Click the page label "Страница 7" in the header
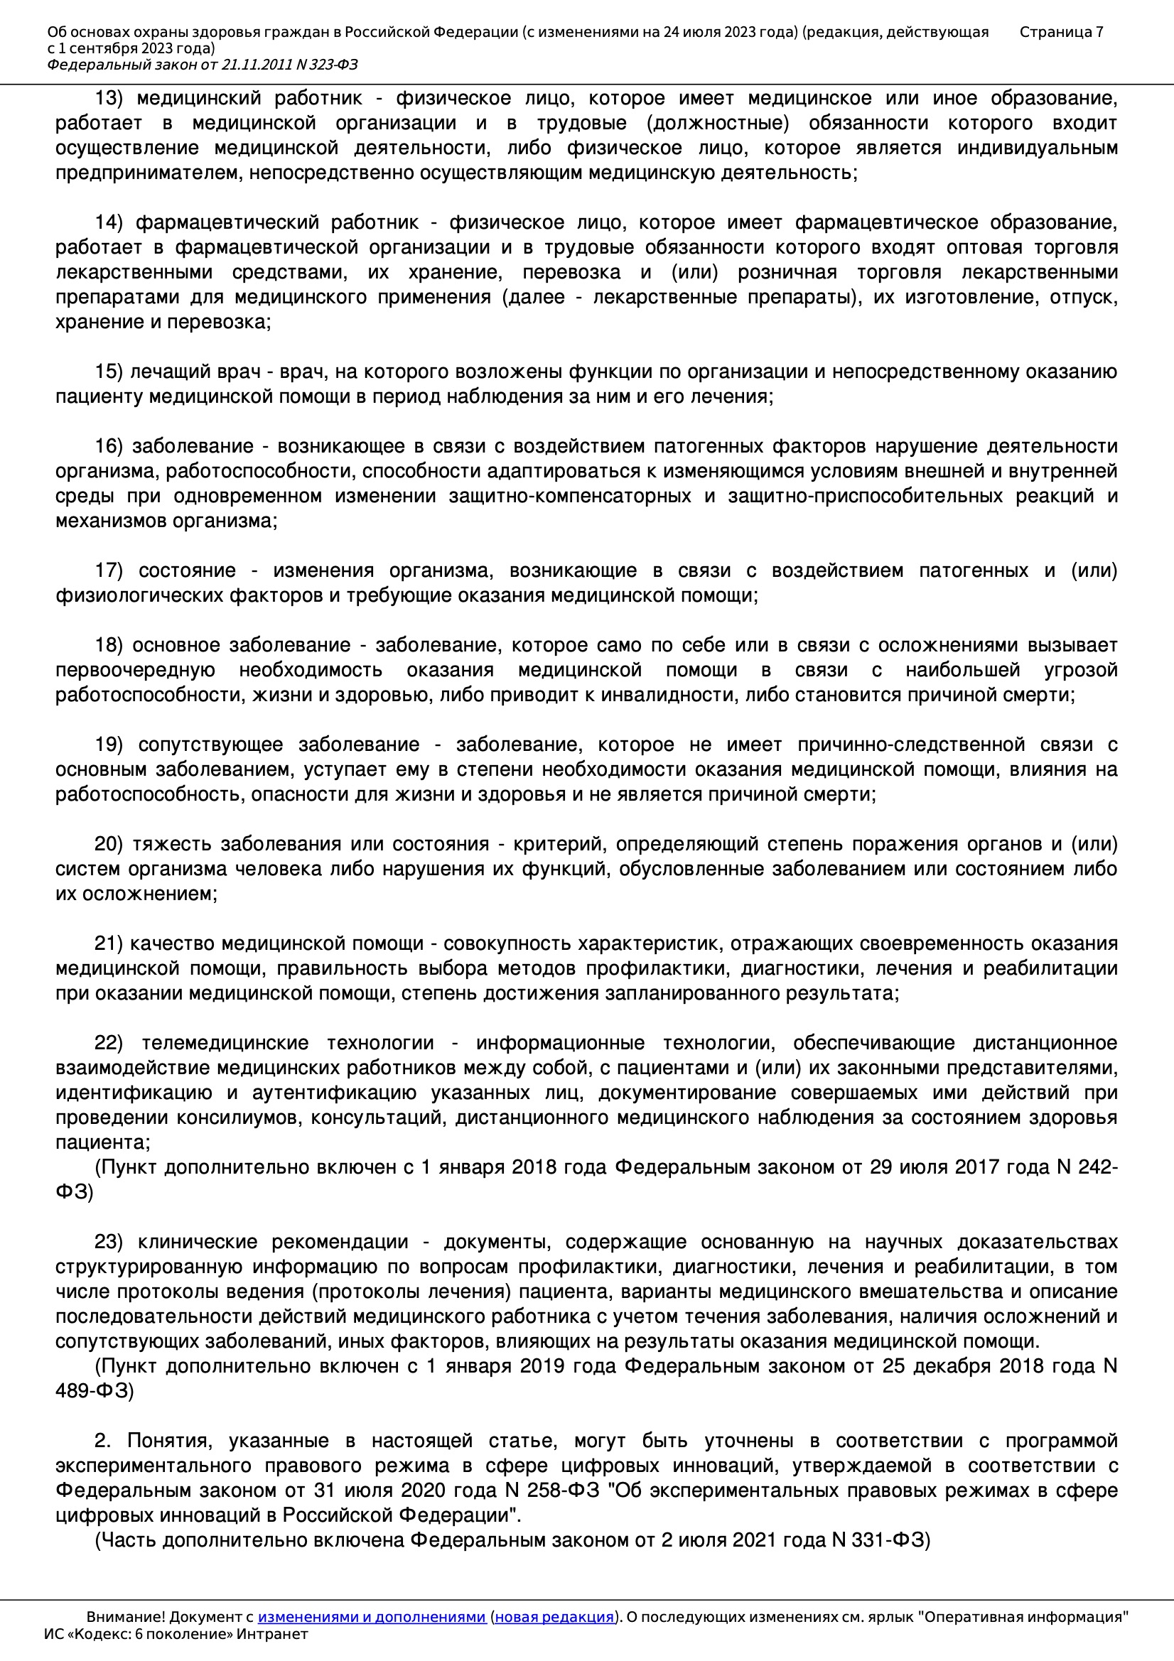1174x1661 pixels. [x=1061, y=32]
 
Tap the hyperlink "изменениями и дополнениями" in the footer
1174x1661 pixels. [x=371, y=1617]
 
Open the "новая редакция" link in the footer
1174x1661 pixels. [x=554, y=1617]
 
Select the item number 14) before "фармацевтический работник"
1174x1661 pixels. [x=109, y=223]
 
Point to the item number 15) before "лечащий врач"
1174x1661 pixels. [x=109, y=372]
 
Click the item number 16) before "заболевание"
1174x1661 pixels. [x=109, y=446]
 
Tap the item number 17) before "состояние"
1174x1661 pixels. [x=109, y=570]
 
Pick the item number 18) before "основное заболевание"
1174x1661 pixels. [x=109, y=645]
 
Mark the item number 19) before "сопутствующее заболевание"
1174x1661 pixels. [x=109, y=745]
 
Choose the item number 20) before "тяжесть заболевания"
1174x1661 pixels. [x=109, y=844]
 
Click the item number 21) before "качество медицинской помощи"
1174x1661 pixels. [x=109, y=944]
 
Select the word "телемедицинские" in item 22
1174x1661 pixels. [x=225, y=1043]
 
